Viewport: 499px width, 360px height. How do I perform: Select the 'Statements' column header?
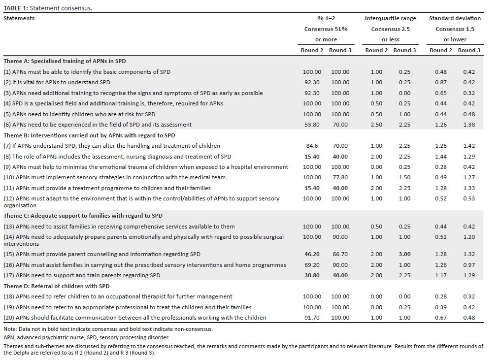[x=19, y=18]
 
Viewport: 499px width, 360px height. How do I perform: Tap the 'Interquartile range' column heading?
[x=390, y=18]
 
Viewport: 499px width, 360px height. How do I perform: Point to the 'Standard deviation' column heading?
[x=455, y=18]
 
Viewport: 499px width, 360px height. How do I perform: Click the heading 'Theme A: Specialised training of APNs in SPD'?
[x=65, y=61]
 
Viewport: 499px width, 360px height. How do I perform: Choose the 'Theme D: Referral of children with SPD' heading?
[x=56, y=286]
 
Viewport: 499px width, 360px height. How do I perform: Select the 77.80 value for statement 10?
[x=340, y=177]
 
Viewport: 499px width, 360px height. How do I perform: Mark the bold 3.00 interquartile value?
[x=404, y=254]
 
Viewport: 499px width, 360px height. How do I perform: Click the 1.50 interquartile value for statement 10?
[x=404, y=177]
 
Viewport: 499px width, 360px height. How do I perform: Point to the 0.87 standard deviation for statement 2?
[x=441, y=82]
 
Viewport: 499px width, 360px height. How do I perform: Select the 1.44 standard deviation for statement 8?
[x=441, y=157]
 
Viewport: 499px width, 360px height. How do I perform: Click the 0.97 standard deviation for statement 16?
[x=469, y=265]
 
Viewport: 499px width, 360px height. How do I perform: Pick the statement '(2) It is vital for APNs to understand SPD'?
[x=57, y=82]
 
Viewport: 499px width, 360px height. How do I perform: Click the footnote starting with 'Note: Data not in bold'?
[x=108, y=328]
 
